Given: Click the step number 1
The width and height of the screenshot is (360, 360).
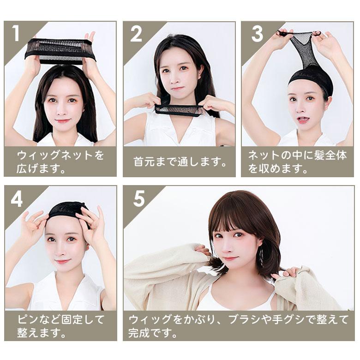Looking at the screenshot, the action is pos(16,33).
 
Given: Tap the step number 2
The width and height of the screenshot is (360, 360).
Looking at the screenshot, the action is pos(136,34).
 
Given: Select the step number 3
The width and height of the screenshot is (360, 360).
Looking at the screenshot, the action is pos(258,34).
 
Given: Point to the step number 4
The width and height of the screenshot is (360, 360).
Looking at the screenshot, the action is pos(17,198).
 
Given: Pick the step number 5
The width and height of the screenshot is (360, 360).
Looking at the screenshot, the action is pos(139,198).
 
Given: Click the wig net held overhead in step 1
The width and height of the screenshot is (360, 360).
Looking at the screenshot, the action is pos(60,51).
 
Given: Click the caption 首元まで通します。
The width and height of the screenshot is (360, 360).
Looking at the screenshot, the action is pos(180,162).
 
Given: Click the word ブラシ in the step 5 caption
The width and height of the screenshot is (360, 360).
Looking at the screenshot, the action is pos(245,319).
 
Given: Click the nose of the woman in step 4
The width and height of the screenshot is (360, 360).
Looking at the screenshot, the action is pos(61,251).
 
